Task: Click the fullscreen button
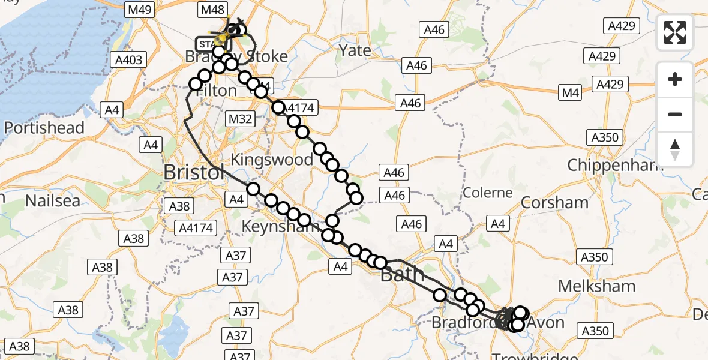[x=675, y=32]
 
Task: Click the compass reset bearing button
[x=675, y=149]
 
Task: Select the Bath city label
[x=403, y=275]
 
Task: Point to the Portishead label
[x=44, y=128]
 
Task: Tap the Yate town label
[x=355, y=50]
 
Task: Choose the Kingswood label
[x=272, y=160]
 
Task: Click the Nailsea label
[x=52, y=200]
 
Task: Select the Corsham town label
[x=554, y=202]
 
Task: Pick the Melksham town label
[x=596, y=286]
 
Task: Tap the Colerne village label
[x=487, y=193]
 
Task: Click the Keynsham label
[x=280, y=226]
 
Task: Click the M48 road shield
[x=213, y=10]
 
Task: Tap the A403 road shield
[x=128, y=59]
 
